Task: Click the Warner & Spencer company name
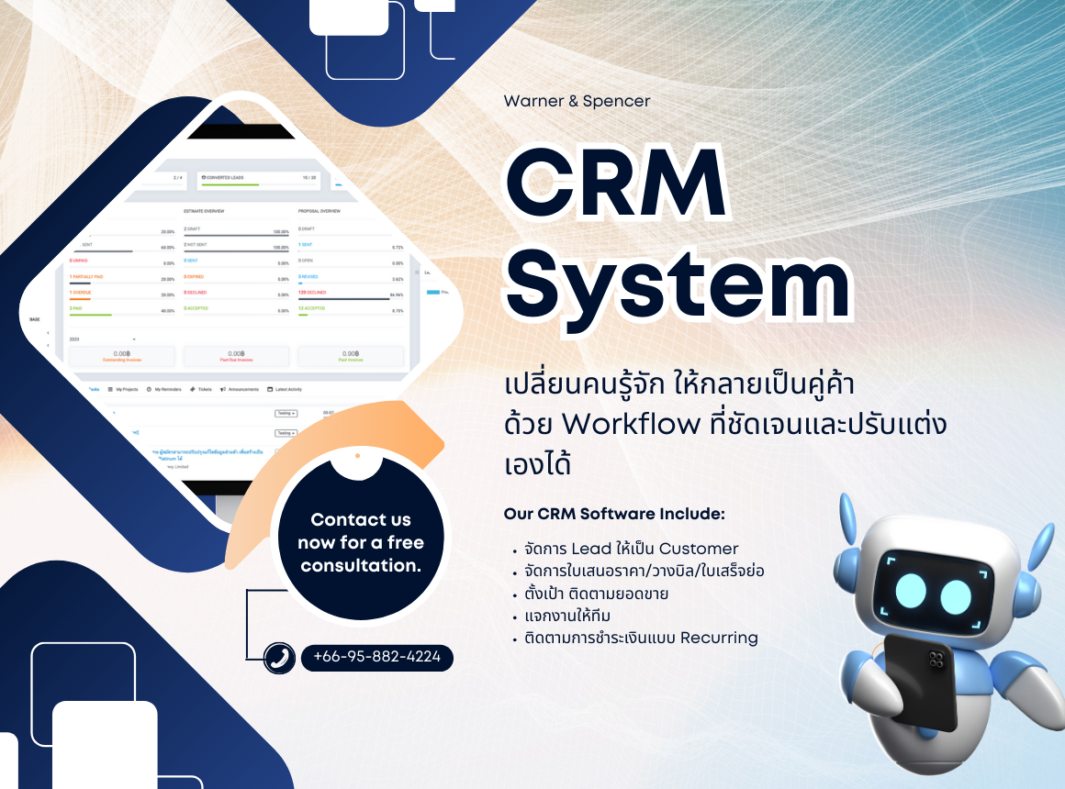tap(577, 101)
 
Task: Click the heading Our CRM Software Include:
tap(614, 513)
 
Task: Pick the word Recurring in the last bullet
tap(719, 638)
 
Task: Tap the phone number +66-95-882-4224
tap(376, 657)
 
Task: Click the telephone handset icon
tap(278, 658)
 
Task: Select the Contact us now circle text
tap(361, 542)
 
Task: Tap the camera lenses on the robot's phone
tap(937, 657)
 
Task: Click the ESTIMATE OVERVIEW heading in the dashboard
tap(204, 211)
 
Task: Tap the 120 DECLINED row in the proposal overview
tap(314, 292)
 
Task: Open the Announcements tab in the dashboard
tap(240, 389)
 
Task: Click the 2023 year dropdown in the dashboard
tap(102, 339)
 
